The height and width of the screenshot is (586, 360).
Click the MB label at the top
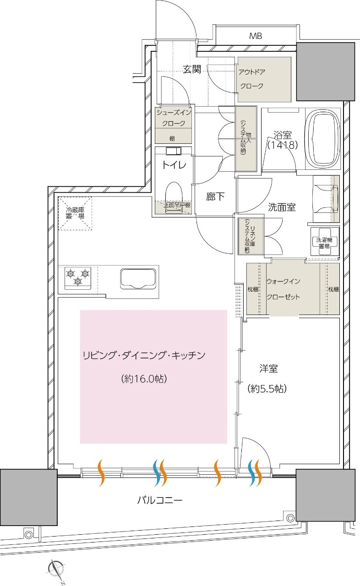click(255, 36)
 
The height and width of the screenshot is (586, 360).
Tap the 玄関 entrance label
click(192, 70)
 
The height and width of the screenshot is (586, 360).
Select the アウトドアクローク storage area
click(264, 79)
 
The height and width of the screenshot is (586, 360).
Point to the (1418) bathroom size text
click(283, 146)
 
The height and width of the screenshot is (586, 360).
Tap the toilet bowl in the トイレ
click(174, 195)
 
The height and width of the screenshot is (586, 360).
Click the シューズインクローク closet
click(173, 124)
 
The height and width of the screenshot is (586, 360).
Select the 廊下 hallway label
click(215, 197)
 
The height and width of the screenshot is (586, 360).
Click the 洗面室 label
click(282, 207)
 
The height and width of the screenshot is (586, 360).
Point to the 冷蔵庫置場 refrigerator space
click(75, 213)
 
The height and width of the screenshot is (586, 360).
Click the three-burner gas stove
click(77, 277)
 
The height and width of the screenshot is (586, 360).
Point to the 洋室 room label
click(268, 369)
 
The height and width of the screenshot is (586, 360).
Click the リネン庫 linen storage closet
click(251, 236)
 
